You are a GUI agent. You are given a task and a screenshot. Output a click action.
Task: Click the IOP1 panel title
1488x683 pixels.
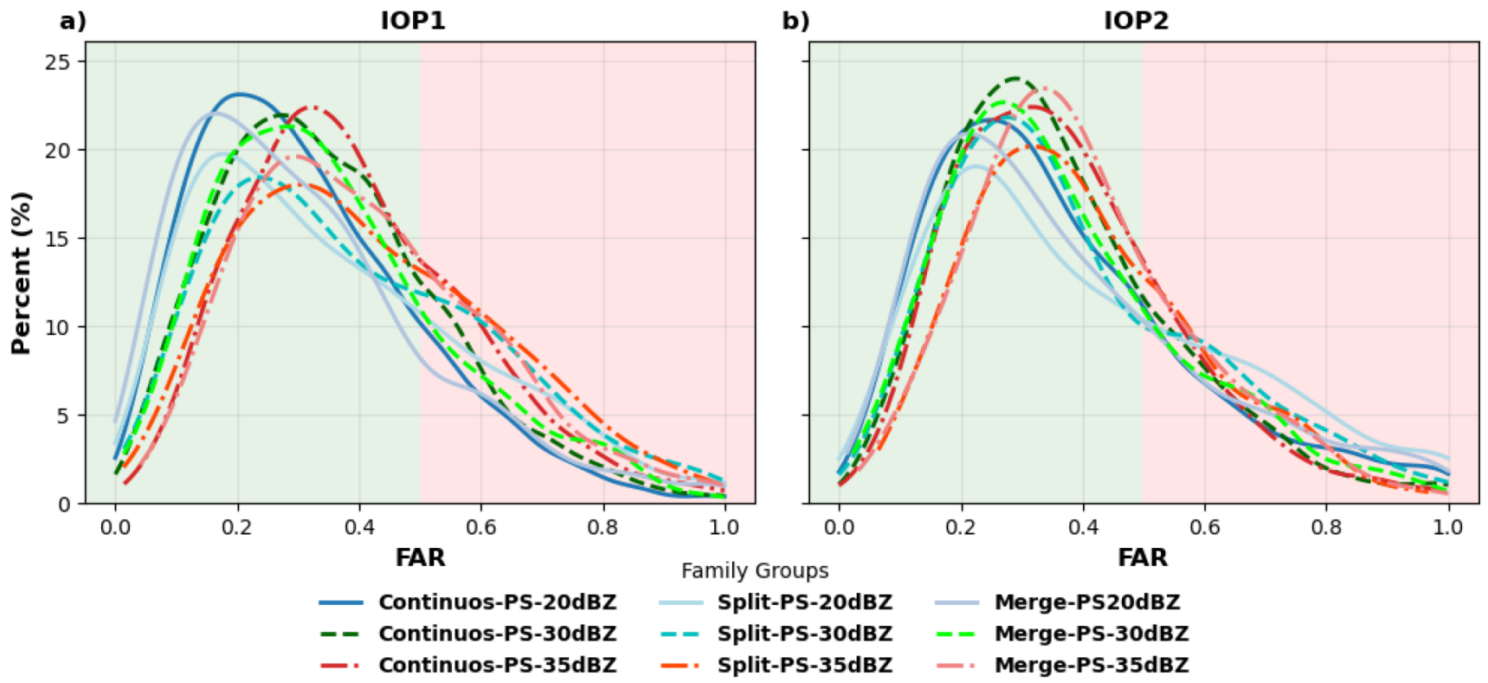tap(413, 20)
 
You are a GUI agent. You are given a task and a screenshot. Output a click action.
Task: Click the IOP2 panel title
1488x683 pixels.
tap(1136, 20)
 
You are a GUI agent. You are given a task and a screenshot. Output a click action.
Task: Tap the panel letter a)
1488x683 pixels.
tap(73, 20)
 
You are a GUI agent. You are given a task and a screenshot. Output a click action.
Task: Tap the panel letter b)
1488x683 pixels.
tap(796, 20)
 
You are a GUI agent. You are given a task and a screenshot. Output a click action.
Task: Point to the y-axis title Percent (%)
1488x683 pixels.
tap(21, 273)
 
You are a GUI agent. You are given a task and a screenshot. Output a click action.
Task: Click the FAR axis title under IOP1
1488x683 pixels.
tap(420, 557)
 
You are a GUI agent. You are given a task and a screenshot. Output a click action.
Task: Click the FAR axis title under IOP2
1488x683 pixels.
tap(1142, 557)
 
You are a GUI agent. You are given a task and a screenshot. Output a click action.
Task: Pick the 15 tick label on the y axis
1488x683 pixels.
tap(60, 239)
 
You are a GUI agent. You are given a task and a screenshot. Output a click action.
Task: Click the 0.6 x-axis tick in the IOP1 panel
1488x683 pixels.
tap(480, 527)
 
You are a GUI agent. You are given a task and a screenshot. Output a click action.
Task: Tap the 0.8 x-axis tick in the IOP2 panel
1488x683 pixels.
tap(1326, 527)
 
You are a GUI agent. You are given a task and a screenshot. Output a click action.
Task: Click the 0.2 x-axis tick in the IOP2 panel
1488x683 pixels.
tap(961, 527)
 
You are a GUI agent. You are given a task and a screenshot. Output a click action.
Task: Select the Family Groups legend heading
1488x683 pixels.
tap(754, 571)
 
